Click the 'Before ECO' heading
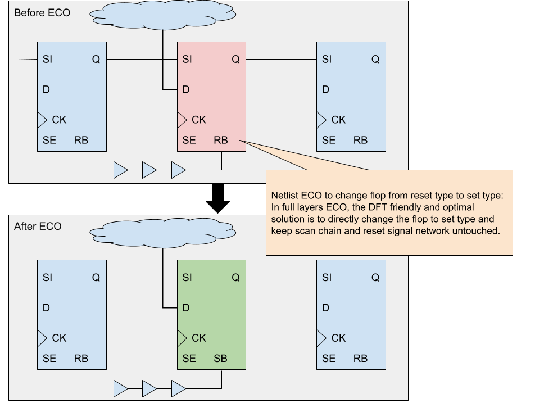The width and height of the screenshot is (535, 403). [42, 12]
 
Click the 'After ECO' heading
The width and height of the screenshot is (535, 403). [38, 227]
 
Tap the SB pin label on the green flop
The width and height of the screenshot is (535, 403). [221, 358]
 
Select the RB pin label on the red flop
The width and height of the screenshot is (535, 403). [221, 140]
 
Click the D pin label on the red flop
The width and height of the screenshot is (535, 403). [186, 89]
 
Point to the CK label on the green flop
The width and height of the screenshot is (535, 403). [199, 338]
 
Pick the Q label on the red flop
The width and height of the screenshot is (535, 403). [235, 59]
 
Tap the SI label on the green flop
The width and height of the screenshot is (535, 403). [187, 277]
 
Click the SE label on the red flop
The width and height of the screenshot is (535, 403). [189, 140]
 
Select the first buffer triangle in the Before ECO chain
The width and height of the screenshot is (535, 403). [121, 170]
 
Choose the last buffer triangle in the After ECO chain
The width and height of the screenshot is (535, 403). [178, 388]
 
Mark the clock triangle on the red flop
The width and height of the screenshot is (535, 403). [182, 120]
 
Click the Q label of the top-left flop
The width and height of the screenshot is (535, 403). [96, 59]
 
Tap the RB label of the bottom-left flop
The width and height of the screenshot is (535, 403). [81, 358]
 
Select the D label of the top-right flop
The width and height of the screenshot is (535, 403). [325, 89]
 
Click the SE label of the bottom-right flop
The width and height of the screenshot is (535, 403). [329, 358]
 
